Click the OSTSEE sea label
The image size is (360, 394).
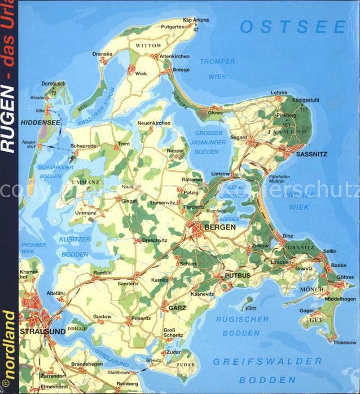pos(293,26)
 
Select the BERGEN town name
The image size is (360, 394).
pos(220,227)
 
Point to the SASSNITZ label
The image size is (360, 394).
pos(312,153)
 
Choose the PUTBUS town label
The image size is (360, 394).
pos(237,276)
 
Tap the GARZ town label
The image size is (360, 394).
pos(177,308)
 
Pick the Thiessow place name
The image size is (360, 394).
pos(345,342)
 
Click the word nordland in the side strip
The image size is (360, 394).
pos(9,344)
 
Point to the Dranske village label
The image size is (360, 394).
pos(102,54)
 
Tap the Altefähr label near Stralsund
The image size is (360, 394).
pos(56,293)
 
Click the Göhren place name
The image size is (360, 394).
pos(345,277)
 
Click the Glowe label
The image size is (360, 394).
pos(216,112)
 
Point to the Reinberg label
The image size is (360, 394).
pos(126,384)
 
